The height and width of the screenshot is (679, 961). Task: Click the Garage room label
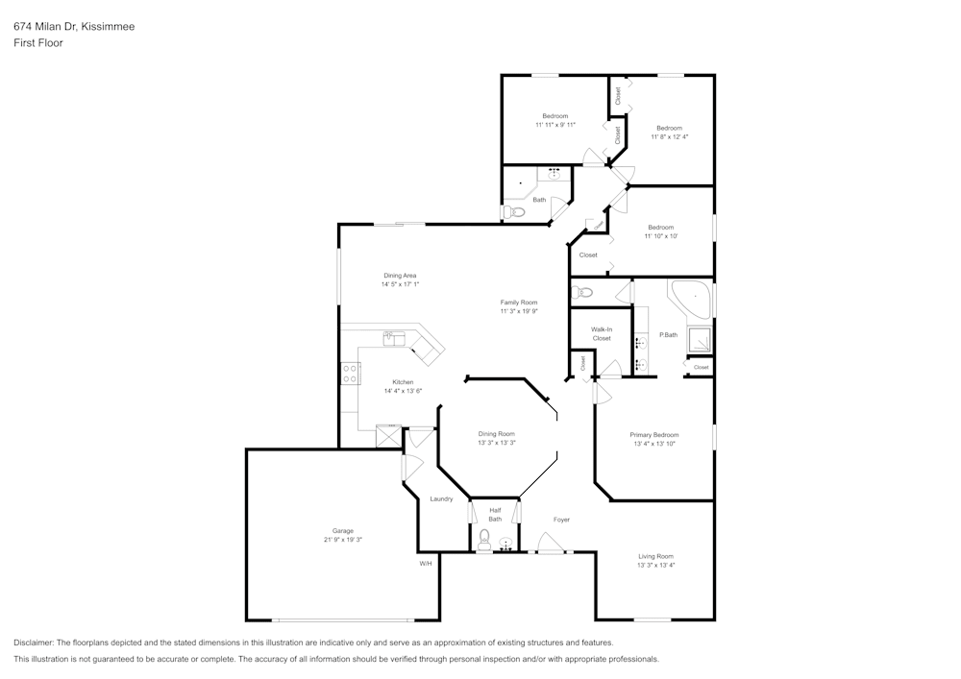tap(343, 531)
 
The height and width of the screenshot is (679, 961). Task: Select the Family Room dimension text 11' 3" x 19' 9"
tap(518, 311)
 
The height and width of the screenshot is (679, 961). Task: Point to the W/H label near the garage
tap(426, 564)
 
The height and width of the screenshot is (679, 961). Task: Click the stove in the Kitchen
tap(349, 374)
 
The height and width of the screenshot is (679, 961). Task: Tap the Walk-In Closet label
tap(602, 333)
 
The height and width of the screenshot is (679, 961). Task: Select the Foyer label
tap(561, 520)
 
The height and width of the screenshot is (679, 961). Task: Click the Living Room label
tap(655, 556)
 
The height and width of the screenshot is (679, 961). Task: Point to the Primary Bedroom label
tap(654, 435)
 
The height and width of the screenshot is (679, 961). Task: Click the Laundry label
tap(441, 498)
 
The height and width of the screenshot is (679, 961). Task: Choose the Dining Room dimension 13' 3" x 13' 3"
tap(497, 443)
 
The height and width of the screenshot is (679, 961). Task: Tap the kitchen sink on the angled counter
tap(395, 338)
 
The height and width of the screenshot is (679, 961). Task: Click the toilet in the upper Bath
tap(512, 212)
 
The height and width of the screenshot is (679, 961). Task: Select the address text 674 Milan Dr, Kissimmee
tap(74, 27)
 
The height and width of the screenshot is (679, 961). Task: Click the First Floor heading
tap(38, 43)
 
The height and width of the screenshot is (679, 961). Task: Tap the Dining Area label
tap(399, 276)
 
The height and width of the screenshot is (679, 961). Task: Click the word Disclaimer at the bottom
tap(35, 643)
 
